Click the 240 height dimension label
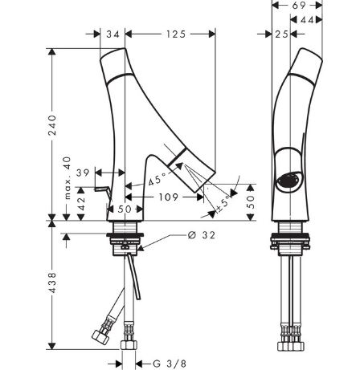(52, 125)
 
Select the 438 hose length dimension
(52, 283)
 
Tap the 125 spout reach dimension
(176, 35)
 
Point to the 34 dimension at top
(112, 35)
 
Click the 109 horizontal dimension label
(168, 197)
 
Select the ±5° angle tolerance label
(223, 204)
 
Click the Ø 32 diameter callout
(202, 235)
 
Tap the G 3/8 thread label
(170, 364)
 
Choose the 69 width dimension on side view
(299, 6)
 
